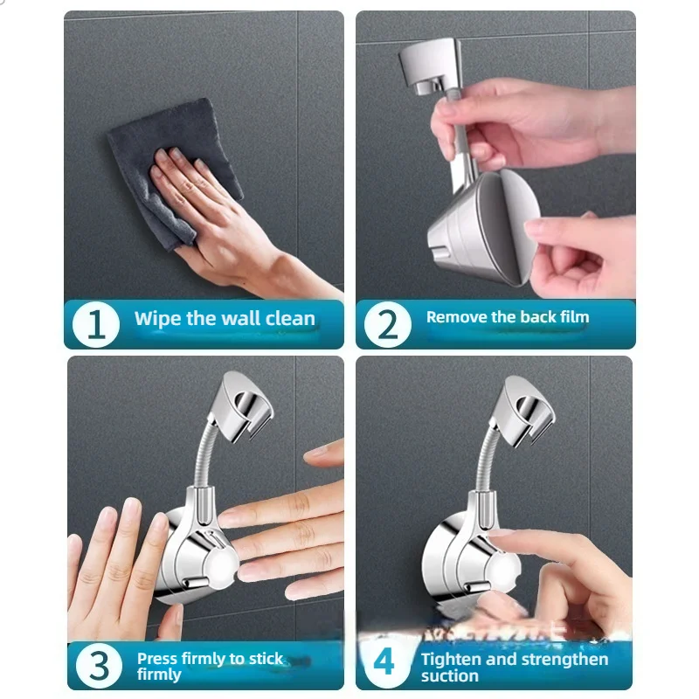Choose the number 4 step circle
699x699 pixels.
(384, 663)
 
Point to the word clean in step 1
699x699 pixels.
(288, 318)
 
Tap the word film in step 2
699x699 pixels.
(572, 317)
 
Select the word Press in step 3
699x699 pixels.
(157, 658)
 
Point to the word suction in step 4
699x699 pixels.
(449, 675)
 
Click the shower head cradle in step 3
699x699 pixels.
(246, 402)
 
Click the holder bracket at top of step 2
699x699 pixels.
(428, 61)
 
